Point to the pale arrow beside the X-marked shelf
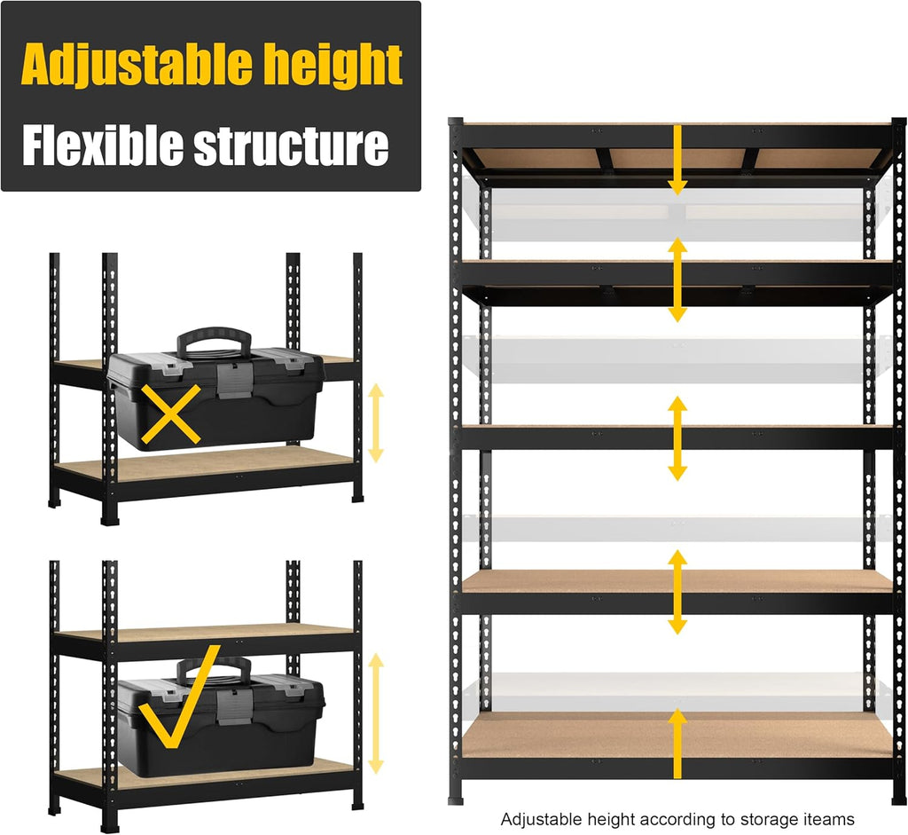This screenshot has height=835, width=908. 376,422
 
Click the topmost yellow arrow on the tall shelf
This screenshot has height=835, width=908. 677,160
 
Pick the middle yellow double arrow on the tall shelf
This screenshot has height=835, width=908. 677,438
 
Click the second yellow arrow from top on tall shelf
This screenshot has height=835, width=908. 677,279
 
